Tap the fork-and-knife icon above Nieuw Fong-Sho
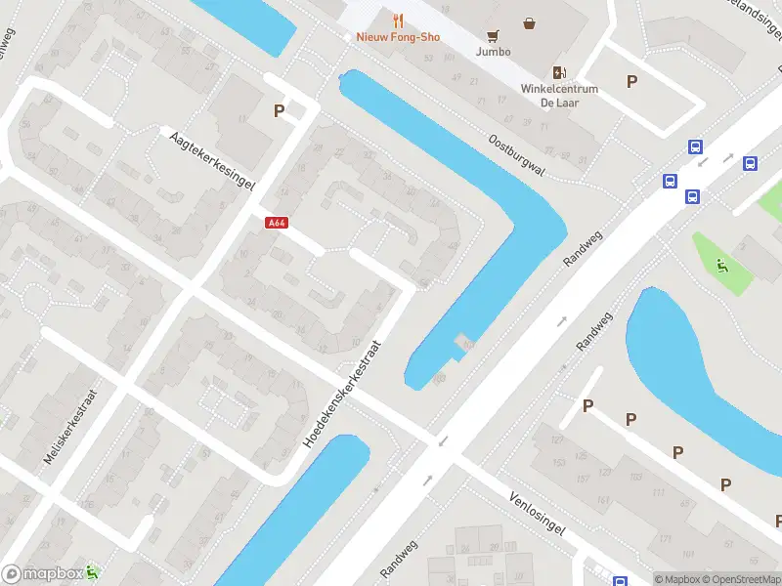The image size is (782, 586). (x=398, y=20)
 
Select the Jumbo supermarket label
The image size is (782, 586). (x=493, y=52)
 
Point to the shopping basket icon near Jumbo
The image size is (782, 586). (x=529, y=23)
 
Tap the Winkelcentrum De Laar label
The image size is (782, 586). (x=559, y=96)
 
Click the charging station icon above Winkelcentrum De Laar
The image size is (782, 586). (x=559, y=71)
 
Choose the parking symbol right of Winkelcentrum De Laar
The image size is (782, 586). (x=632, y=82)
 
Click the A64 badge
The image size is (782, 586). (x=277, y=223)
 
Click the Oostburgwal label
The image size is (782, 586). (x=517, y=154)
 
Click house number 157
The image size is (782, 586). (x=584, y=478)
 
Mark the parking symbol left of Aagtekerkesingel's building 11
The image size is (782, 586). (x=280, y=111)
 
